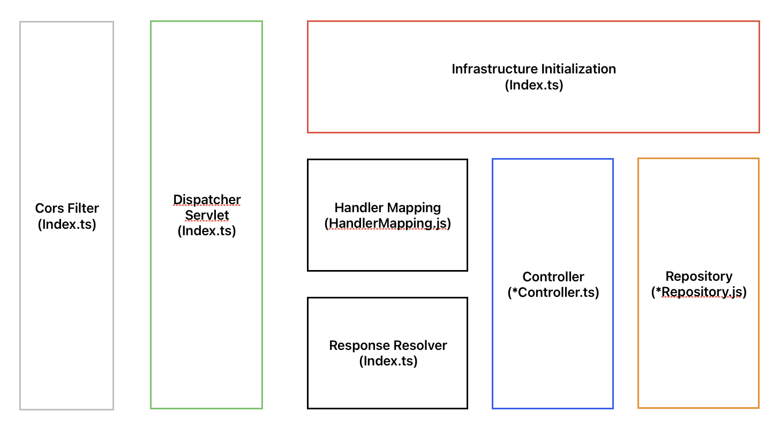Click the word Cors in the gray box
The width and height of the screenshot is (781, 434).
point(49,208)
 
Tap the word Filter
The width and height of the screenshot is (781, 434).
point(84,208)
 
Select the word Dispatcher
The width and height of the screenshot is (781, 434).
point(207,199)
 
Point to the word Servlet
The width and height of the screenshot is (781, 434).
point(207,215)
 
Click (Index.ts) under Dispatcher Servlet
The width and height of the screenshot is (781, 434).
point(207,231)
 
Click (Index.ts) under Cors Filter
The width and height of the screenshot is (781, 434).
point(67,225)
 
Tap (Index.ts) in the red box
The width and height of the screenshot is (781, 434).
point(534,85)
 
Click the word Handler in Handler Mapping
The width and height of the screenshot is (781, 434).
point(359,207)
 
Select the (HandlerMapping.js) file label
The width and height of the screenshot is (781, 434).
point(388,223)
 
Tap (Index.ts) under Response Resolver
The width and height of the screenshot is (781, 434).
point(388,361)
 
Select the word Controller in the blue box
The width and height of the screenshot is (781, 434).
point(553,277)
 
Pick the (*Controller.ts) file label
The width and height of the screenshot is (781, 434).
point(553,293)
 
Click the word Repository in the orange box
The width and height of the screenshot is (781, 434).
point(699,276)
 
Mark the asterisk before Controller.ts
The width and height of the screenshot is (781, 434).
point(515,290)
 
